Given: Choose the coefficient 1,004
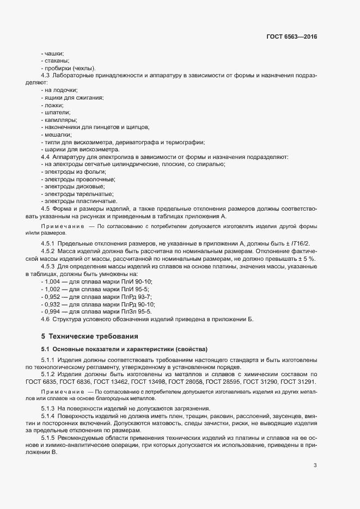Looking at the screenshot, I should click(x=54, y=281).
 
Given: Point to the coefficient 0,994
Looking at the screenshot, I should click(x=54, y=311).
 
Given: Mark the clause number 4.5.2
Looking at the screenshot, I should click(x=49, y=251).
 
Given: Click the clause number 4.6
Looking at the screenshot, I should click(x=45, y=319).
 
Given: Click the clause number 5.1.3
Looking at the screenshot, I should click(x=49, y=408).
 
